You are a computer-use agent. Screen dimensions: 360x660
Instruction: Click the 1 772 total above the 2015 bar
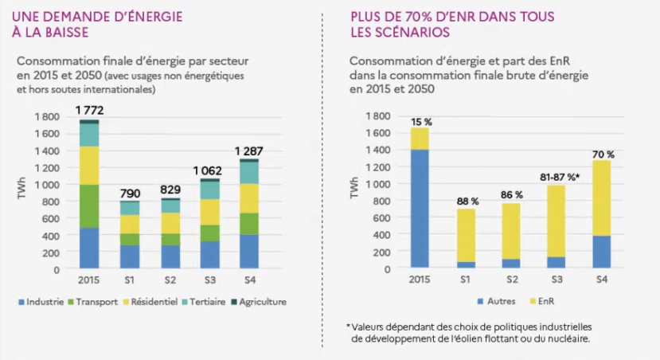[x=89, y=109]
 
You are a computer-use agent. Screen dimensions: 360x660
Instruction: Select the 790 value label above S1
[x=131, y=193]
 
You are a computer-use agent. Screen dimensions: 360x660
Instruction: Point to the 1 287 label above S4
[x=253, y=151]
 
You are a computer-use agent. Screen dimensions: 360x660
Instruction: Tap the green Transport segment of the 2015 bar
[x=89, y=206]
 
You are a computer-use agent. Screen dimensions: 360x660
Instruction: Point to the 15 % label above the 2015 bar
[x=421, y=122]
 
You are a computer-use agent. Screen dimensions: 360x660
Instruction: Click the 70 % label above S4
[x=603, y=155]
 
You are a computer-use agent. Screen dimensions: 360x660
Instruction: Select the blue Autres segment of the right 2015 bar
[x=420, y=209]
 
